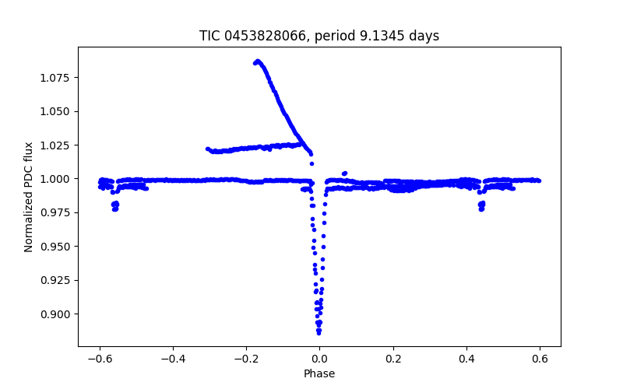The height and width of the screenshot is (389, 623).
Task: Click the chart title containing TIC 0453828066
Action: (319, 36)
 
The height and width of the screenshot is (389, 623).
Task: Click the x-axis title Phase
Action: (319, 374)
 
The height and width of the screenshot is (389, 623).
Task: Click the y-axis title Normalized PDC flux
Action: (29, 197)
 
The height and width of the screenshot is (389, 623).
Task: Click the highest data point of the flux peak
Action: (258, 61)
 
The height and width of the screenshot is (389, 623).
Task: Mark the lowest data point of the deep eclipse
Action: (319, 333)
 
